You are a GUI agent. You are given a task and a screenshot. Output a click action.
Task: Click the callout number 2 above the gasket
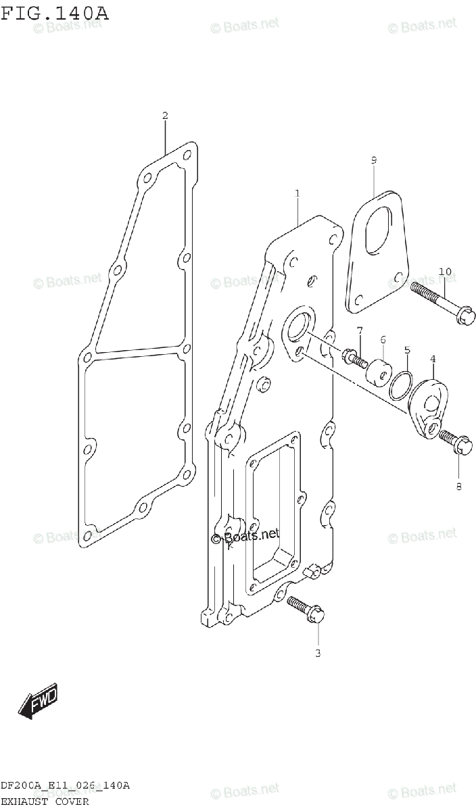[165, 116]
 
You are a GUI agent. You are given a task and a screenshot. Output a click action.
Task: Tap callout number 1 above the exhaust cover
[297, 194]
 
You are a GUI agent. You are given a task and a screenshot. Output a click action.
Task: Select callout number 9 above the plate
[373, 160]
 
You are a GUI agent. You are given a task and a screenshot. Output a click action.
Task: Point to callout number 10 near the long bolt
[444, 272]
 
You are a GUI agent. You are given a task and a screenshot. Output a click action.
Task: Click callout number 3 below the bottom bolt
[317, 653]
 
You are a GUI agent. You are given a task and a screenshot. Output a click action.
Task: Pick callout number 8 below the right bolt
[458, 485]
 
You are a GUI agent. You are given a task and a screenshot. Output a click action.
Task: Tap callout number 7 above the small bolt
[360, 330]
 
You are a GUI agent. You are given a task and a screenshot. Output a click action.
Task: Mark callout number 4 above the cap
[432, 359]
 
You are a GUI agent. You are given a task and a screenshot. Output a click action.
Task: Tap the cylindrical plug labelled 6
[378, 371]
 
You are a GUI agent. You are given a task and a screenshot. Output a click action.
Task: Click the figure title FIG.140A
[54, 11]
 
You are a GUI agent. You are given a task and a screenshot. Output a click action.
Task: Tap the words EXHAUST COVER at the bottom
[45, 802]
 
